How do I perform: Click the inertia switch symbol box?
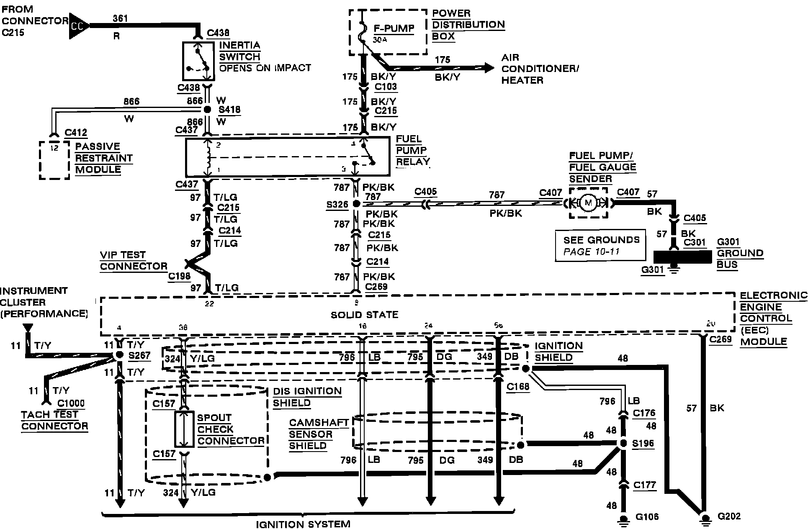198,61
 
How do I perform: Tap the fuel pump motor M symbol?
589,203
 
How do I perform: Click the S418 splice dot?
207,110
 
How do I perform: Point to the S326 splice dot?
356,204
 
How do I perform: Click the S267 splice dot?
119,355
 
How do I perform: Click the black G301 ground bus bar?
682,257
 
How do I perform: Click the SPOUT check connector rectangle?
184,429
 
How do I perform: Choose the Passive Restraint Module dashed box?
54,160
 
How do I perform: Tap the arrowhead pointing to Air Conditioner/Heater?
489,67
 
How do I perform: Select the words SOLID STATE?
364,315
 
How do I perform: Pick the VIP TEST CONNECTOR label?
134,260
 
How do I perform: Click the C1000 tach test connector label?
71,403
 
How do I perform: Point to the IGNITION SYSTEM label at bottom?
303,524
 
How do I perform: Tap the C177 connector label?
644,485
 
